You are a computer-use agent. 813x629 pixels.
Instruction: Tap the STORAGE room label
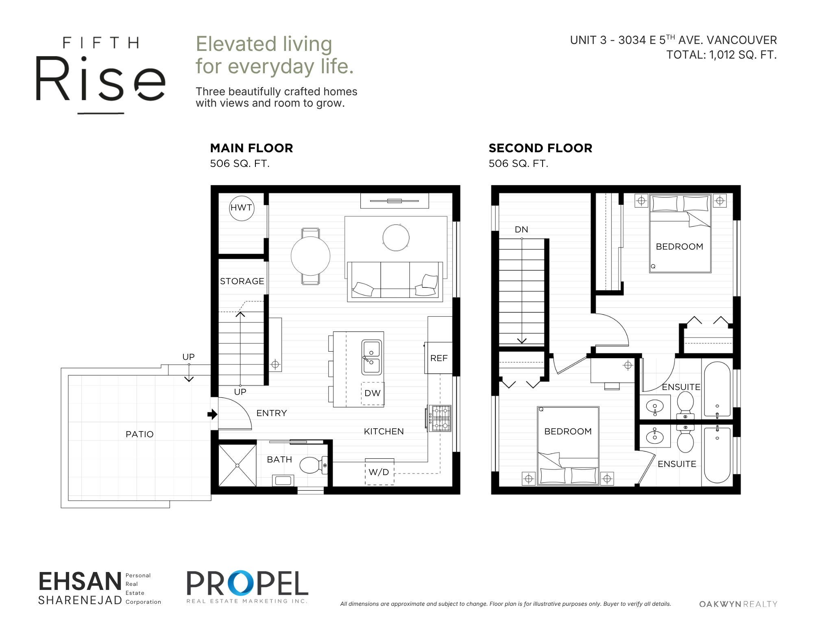click(x=242, y=281)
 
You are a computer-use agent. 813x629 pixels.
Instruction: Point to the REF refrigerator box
click(x=438, y=358)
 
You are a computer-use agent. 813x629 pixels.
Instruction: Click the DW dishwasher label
click(x=373, y=393)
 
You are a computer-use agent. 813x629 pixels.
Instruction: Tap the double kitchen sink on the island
click(x=372, y=357)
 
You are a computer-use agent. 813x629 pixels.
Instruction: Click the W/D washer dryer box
click(x=379, y=471)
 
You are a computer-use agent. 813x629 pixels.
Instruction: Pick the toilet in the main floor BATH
click(x=314, y=465)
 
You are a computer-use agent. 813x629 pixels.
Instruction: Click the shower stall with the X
click(x=238, y=465)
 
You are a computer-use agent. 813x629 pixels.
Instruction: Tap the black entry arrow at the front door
click(x=212, y=414)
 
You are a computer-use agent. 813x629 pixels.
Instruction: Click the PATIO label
click(x=139, y=434)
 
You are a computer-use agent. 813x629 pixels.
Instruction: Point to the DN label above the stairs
click(x=521, y=230)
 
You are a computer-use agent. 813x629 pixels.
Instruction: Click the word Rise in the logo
click(x=101, y=79)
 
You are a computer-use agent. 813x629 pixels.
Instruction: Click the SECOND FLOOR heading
click(x=541, y=148)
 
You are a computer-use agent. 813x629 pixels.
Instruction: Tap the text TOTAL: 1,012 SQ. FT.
click(x=721, y=55)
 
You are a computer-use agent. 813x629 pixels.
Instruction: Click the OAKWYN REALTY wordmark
click(x=738, y=604)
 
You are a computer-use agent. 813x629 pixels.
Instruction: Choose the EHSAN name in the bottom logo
click(x=80, y=581)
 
